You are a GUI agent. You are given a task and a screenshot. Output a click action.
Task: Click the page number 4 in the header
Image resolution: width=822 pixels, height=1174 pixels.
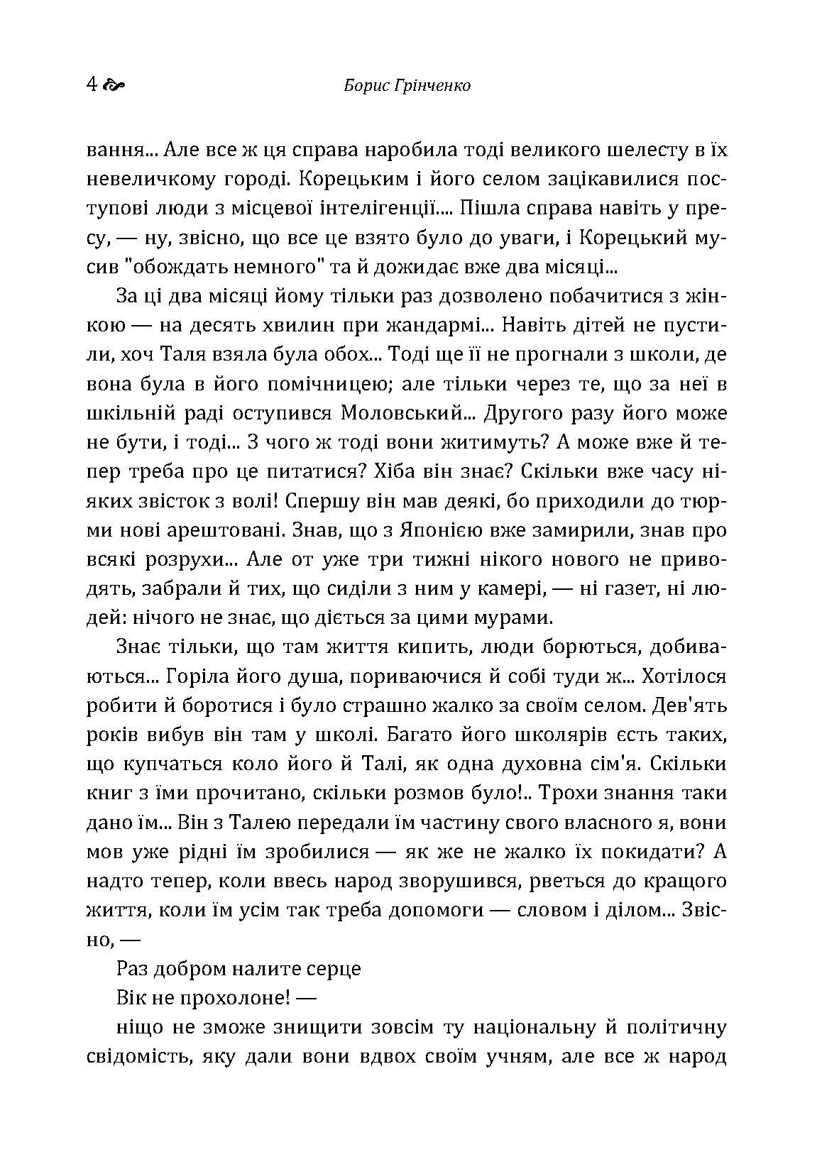(x=92, y=85)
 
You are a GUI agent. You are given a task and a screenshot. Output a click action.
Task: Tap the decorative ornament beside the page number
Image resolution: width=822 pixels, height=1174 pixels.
(x=114, y=86)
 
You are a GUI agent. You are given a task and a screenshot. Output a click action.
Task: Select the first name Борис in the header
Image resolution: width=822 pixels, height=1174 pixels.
(x=365, y=87)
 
